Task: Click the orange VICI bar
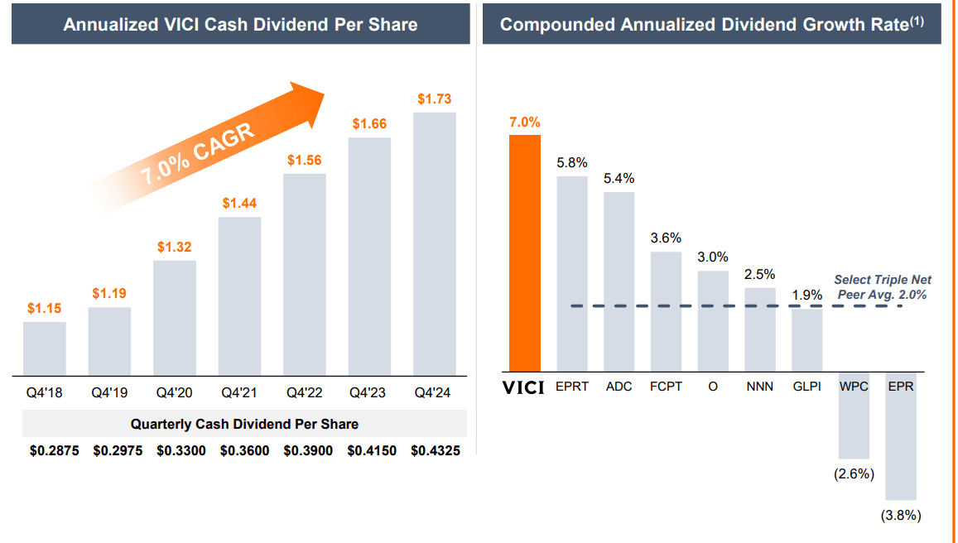tap(525, 252)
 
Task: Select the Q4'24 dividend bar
tap(435, 243)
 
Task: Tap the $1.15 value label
tap(44, 308)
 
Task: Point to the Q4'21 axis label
tap(239, 393)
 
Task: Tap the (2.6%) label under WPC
tap(854, 473)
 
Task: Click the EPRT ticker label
tap(572, 387)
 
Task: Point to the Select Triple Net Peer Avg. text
tap(882, 287)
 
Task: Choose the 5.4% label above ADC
tap(619, 179)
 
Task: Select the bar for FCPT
tap(666, 311)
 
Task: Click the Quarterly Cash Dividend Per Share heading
tap(244, 424)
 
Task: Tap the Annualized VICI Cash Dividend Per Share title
tap(240, 24)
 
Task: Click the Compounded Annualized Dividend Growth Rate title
tap(711, 24)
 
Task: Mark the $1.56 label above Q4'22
tap(305, 161)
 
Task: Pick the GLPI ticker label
tap(806, 387)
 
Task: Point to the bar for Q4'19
tap(109, 341)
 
